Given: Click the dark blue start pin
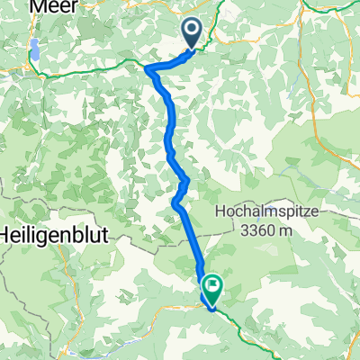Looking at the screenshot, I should click(x=193, y=33).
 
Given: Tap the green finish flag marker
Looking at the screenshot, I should click(x=214, y=287).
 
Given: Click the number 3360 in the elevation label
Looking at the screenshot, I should click(x=258, y=230).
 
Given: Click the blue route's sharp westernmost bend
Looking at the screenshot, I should click(x=147, y=67).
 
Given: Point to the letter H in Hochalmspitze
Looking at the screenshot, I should click(x=221, y=212).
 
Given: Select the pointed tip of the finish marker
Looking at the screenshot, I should click(x=214, y=303).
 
